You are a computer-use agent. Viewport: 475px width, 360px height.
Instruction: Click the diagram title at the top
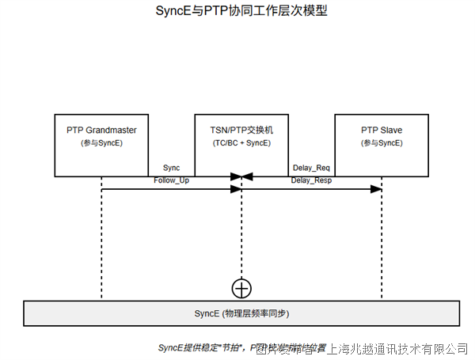[x=237, y=12]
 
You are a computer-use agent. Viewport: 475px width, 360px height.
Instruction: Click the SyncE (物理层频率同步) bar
[x=241, y=313]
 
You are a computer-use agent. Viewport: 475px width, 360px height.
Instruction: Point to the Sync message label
[x=171, y=168]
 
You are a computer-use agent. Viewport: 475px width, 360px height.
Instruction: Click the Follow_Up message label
[x=171, y=180]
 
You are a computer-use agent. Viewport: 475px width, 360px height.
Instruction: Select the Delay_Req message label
[x=310, y=168]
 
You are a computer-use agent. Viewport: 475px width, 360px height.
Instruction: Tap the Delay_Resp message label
[x=311, y=180]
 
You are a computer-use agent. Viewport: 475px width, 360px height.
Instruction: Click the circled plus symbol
[x=241, y=288]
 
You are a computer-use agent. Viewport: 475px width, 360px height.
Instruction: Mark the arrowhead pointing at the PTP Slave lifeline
[x=377, y=189]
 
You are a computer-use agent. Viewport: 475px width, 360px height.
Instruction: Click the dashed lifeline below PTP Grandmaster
[x=101, y=237]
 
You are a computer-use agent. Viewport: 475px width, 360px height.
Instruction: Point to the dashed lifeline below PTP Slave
[x=382, y=237]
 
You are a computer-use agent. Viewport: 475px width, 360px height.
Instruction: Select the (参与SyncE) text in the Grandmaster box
[x=101, y=143]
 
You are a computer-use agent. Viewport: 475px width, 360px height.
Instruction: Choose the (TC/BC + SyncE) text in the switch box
[x=241, y=143]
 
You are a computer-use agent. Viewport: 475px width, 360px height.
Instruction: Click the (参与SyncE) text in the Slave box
[x=382, y=143]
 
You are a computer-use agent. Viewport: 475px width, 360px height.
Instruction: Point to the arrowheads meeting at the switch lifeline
[x=241, y=176]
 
